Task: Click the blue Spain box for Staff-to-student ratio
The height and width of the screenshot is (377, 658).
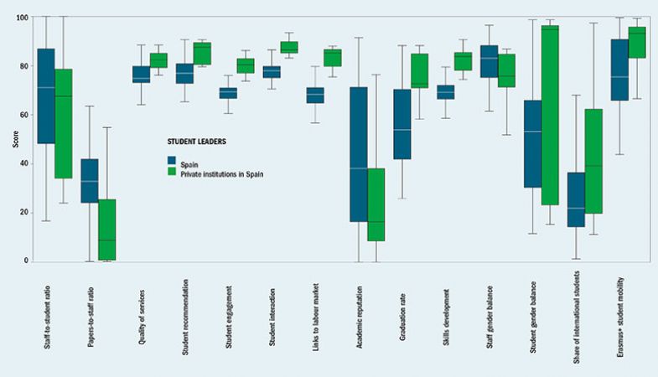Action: tap(46, 96)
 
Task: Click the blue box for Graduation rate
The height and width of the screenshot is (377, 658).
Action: tap(402, 124)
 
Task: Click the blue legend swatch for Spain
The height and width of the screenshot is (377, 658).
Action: tap(172, 160)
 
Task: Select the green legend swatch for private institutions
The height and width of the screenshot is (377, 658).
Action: tap(172, 172)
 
